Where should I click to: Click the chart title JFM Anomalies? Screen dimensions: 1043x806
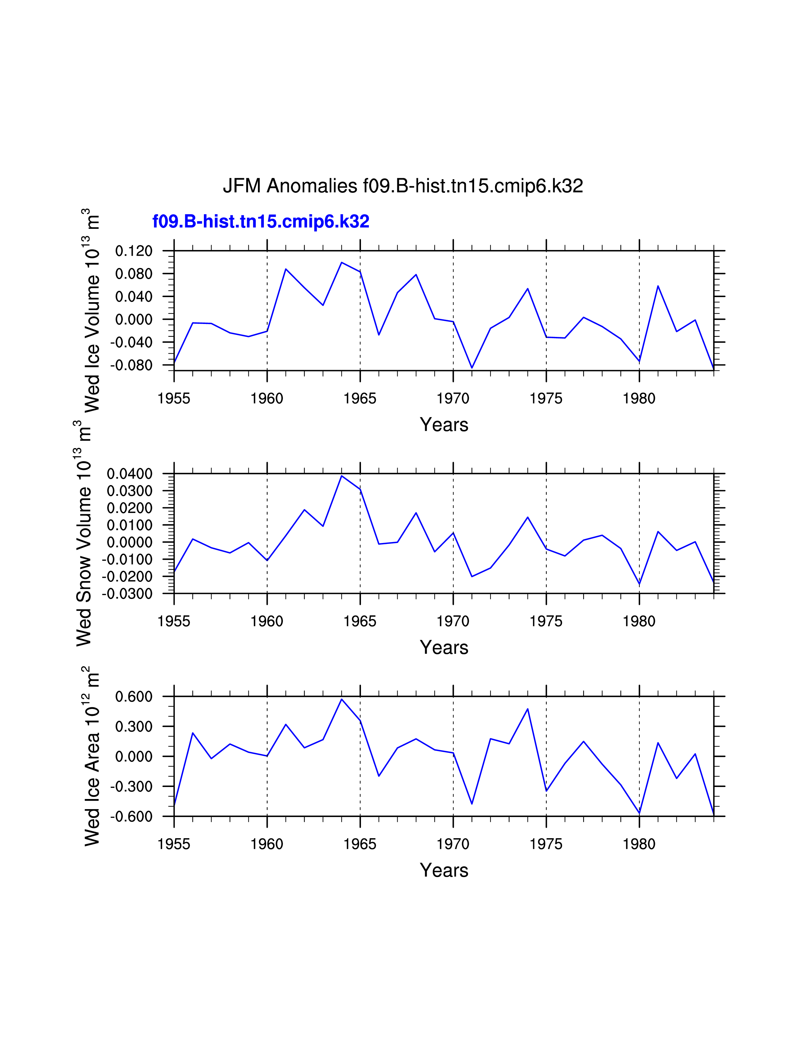coord(402,186)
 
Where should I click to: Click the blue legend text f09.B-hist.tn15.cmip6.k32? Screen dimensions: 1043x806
coord(261,222)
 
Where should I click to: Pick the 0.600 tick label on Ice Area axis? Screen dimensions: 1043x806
coord(134,697)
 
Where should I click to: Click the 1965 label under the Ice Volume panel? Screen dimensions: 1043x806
coord(360,398)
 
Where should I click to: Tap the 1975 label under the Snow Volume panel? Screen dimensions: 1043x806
coord(546,621)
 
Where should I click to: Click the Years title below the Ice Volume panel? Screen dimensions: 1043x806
coord(444,424)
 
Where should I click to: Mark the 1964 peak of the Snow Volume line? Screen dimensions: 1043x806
coord(341,476)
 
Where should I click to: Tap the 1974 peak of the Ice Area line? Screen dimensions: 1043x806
coord(528,709)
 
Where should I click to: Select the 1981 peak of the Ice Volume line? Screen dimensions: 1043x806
coord(658,286)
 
